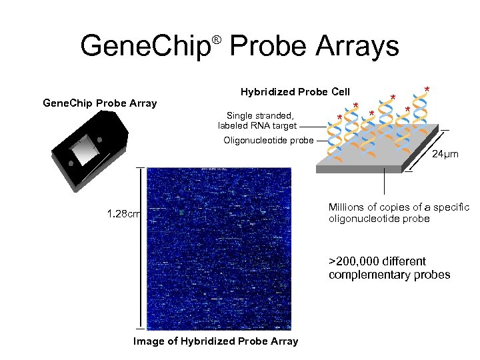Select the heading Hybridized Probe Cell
(295, 91)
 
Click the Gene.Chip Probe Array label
(99, 103)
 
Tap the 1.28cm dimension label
(123, 214)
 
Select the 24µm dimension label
(446, 154)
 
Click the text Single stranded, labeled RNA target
(257, 120)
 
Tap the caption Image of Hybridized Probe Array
(216, 341)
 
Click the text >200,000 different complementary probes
(389, 268)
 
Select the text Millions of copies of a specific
(399, 207)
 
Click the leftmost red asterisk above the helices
(340, 119)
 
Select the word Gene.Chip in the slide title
(145, 47)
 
